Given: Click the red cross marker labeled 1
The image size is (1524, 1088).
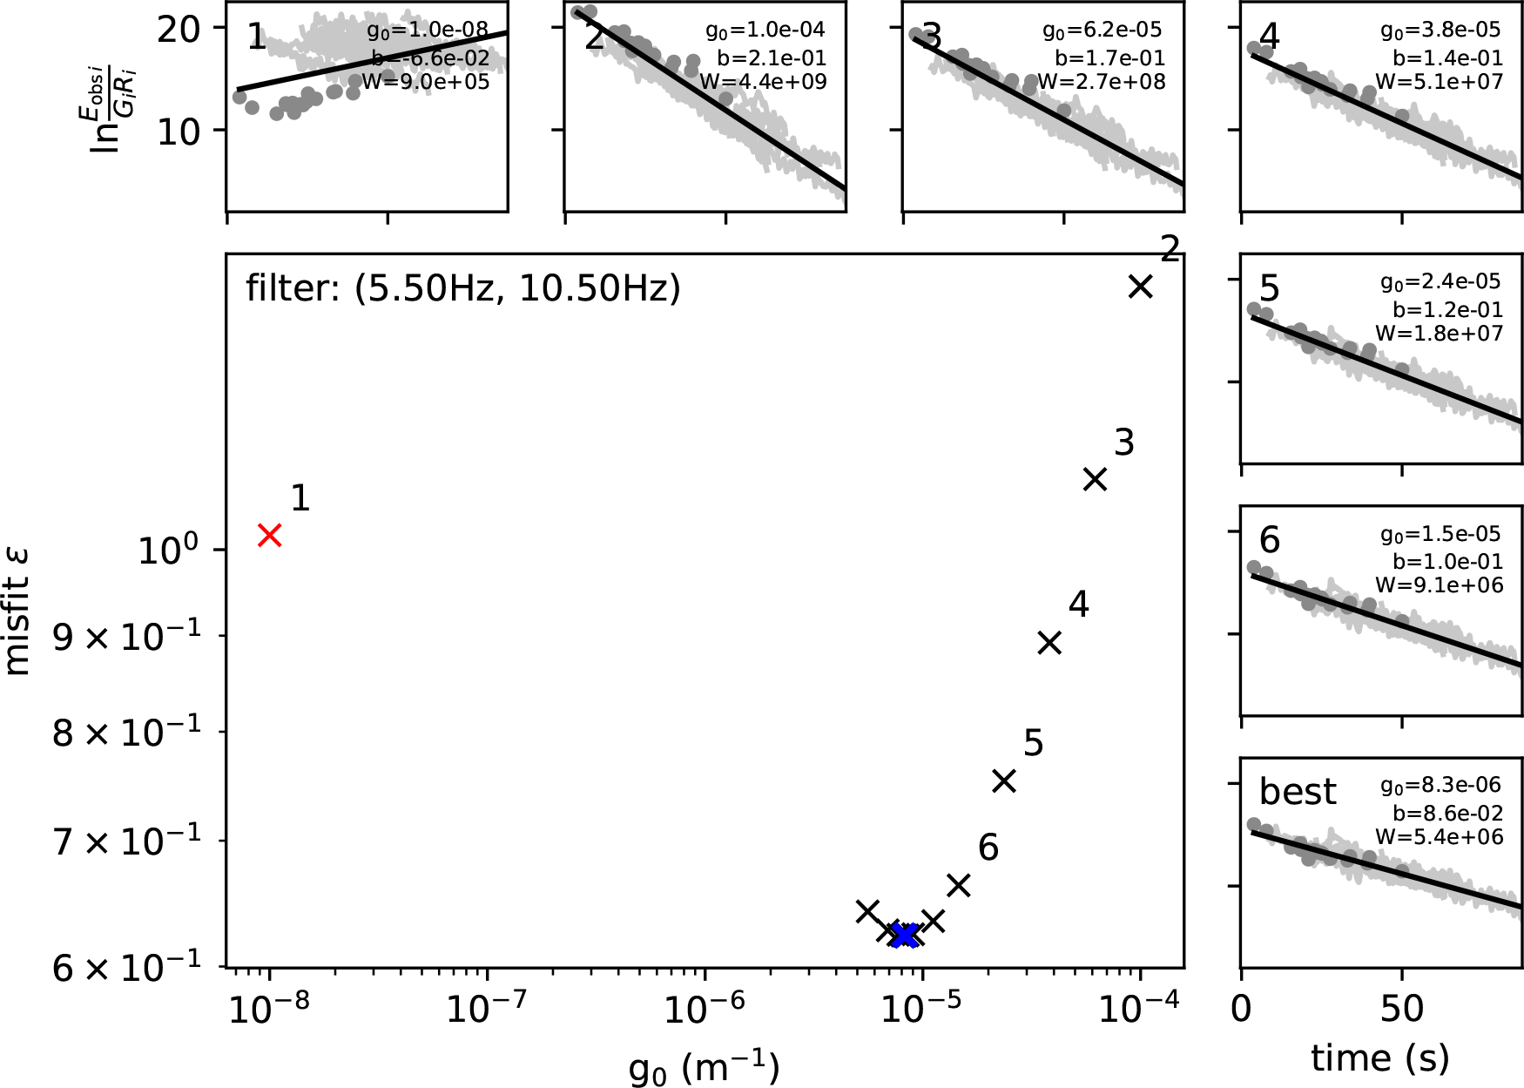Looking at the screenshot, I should point(270,535).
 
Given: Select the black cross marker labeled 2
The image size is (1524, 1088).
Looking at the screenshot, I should point(1140,287).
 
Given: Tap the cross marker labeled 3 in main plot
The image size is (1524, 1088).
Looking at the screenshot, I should point(1095,479).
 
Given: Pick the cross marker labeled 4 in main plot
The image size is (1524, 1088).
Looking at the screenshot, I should point(1050,643).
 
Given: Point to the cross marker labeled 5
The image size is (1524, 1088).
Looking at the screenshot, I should point(1004,781).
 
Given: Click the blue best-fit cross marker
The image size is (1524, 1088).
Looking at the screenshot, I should point(906,936).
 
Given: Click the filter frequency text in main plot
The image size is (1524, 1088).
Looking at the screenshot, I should point(462,288).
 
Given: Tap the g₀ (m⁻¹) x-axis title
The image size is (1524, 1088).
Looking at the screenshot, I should point(704,1066).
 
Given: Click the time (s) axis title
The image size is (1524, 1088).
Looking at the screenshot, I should point(1380,1058).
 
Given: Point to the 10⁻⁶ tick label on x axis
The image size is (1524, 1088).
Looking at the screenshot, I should point(704,1010).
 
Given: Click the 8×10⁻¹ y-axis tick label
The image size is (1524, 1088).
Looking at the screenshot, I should point(127,733).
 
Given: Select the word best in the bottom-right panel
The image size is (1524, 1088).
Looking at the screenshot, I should point(1297,792).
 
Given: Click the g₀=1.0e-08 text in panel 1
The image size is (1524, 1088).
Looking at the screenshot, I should point(428,31).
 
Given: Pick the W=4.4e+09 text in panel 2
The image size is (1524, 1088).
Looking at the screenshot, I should point(763,82).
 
